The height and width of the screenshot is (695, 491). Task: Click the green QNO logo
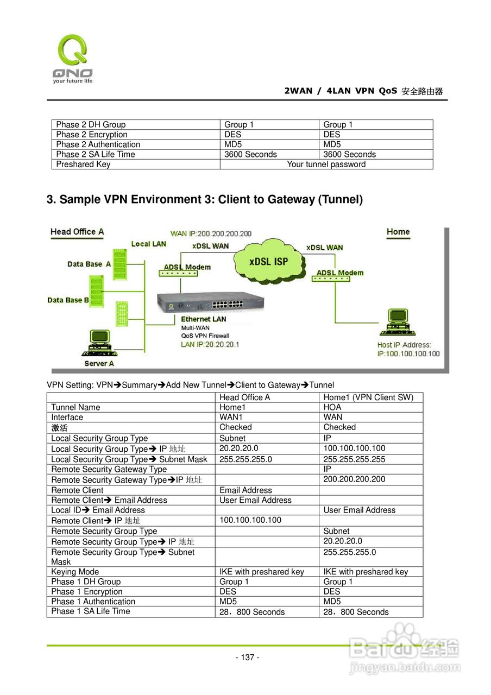pyautogui.click(x=72, y=59)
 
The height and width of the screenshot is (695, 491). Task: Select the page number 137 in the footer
pyautogui.click(x=247, y=658)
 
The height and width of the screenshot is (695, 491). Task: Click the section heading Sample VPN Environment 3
pyautogui.click(x=204, y=199)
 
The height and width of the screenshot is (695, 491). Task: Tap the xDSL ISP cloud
pyautogui.click(x=268, y=262)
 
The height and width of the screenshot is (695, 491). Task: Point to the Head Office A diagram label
pyautogui.click(x=77, y=232)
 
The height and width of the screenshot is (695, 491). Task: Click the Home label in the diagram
pyautogui.click(x=398, y=232)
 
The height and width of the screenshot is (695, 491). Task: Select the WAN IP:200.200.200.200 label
pyautogui.click(x=211, y=233)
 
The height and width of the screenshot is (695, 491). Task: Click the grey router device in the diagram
pyautogui.click(x=210, y=303)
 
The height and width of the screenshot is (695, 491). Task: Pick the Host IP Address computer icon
pyautogui.click(x=398, y=323)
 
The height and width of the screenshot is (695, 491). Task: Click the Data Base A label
pyautogui.click(x=89, y=264)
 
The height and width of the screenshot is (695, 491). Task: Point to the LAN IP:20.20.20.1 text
pyautogui.click(x=210, y=344)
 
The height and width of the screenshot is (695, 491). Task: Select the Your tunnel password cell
pyautogui.click(x=326, y=165)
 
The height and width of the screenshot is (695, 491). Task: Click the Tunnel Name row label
pyautogui.click(x=76, y=407)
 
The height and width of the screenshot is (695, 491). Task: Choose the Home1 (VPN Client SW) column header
pyautogui.click(x=368, y=397)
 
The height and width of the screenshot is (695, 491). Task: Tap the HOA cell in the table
pyautogui.click(x=332, y=407)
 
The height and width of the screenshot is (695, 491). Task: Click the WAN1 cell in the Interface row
pyautogui.click(x=231, y=418)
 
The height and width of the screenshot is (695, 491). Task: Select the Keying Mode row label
pyautogui.click(x=75, y=572)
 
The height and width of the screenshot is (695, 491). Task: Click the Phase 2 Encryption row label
pyautogui.click(x=92, y=135)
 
